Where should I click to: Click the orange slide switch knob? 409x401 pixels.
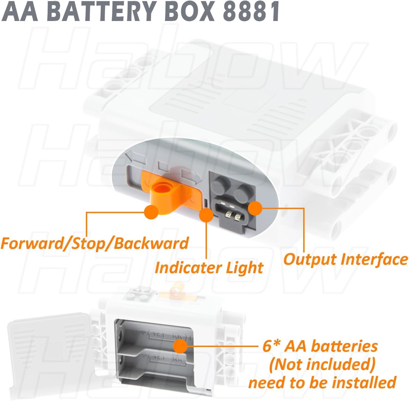point(163,191)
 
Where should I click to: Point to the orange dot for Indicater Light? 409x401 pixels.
point(206,216)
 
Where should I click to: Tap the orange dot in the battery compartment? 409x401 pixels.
point(180,346)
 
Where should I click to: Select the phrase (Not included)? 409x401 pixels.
point(322,365)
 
